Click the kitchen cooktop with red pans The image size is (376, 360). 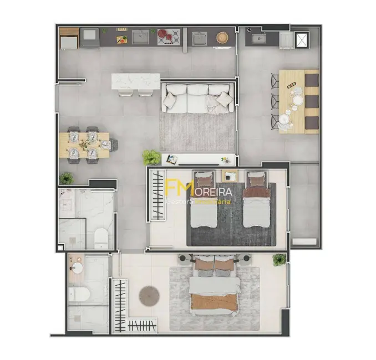coord(169,37)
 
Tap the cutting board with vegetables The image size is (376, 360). coord(122,39)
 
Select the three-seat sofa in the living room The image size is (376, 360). coord(196,99)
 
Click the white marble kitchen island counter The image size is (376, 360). coord(135,81)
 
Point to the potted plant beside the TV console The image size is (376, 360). coord(151,157)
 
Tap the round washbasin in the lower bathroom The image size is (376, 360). coord(76,268)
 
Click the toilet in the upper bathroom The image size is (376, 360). coord(101,238)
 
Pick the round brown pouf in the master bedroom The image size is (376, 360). coord(149,295)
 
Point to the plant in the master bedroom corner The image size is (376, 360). coord(280,259)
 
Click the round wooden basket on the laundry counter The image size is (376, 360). coord(222,38)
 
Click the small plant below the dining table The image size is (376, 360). coord(67,178)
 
